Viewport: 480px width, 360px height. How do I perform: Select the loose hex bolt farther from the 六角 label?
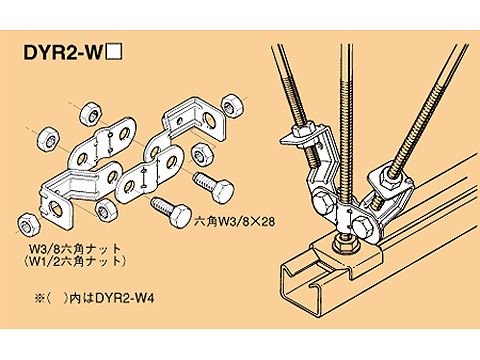[x=214, y=185]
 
